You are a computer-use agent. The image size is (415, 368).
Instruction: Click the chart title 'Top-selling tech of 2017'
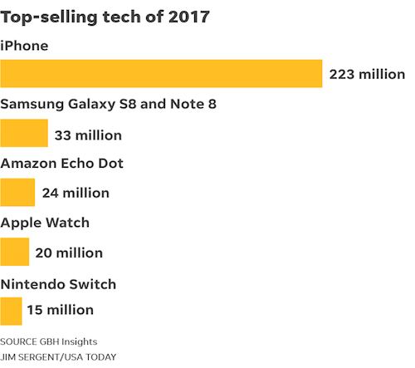(105, 17)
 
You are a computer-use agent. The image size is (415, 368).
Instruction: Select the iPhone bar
(161, 74)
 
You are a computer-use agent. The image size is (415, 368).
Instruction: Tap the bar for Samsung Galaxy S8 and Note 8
(24, 134)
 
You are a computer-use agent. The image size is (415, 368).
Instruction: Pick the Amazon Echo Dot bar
(17, 193)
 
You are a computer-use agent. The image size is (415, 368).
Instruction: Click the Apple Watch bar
(15, 253)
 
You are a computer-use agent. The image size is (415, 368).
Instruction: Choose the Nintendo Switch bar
(11, 311)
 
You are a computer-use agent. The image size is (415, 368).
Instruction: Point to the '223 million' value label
(367, 74)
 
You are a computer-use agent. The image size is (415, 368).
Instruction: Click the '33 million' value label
(88, 135)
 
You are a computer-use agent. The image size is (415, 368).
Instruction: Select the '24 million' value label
(76, 193)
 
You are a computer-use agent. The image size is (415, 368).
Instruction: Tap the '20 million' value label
(69, 253)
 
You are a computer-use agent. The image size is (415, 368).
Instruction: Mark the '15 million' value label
(60, 311)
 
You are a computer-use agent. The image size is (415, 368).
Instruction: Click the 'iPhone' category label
(24, 45)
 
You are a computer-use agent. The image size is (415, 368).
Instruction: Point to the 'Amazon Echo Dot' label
(62, 164)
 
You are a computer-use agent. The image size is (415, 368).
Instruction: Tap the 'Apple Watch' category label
(45, 223)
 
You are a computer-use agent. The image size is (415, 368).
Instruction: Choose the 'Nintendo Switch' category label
(58, 283)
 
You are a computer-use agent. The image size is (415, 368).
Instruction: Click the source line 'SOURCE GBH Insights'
(47, 341)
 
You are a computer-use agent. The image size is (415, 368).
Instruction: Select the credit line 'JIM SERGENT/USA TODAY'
(58, 356)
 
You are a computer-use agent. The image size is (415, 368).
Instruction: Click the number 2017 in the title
(188, 17)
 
